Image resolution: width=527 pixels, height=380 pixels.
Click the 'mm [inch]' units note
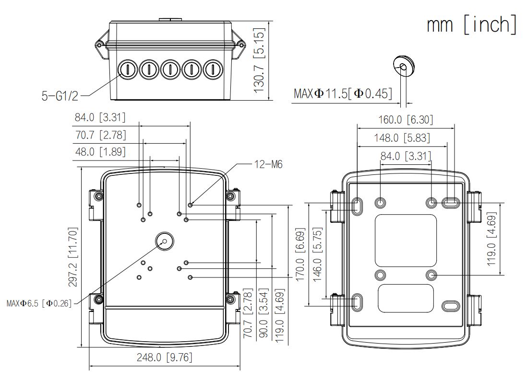471,24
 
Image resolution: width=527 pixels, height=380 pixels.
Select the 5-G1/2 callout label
60,96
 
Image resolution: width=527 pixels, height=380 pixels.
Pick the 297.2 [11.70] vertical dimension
73,257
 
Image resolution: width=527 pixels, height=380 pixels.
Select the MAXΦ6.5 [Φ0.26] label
39,303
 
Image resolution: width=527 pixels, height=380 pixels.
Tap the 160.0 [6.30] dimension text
406,120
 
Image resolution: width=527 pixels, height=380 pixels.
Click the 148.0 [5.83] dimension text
402,138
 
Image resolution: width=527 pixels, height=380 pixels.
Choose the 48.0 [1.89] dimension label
100,152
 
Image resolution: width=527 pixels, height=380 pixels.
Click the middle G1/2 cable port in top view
170,69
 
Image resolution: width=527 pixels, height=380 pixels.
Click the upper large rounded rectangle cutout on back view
406,241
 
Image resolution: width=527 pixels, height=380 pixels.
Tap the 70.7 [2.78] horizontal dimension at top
100,135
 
